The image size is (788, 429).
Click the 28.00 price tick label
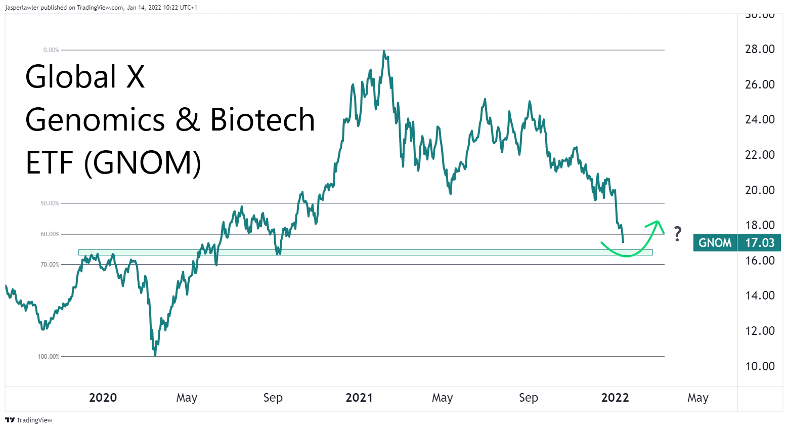[x=760, y=49]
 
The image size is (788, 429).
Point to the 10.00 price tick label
[x=760, y=366]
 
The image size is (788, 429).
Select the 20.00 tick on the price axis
[x=760, y=190]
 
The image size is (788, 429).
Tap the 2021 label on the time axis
[x=359, y=398]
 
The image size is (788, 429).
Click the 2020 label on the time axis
[x=103, y=398]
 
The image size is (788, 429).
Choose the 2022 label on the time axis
[x=615, y=398]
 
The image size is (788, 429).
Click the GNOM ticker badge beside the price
[x=715, y=243]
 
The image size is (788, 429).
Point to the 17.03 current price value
[x=760, y=243]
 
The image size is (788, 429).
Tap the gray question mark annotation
[x=678, y=234]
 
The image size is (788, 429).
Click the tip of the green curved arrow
[x=657, y=221]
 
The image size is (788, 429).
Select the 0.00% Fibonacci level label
[x=51, y=50]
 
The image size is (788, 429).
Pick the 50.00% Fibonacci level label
[x=50, y=203]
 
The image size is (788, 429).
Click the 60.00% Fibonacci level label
[x=50, y=234]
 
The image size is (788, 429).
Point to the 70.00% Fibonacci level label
[x=50, y=265]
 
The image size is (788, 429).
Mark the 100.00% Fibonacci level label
[x=49, y=357]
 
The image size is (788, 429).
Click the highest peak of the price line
[x=384, y=51]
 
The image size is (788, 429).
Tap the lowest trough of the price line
[x=155, y=355]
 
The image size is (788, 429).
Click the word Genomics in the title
[x=95, y=120]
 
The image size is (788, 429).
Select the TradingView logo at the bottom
[x=29, y=420]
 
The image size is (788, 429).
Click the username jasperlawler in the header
[x=22, y=8]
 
